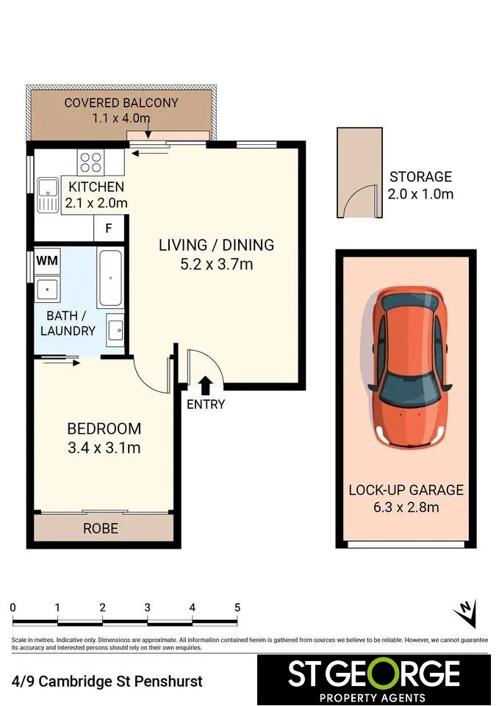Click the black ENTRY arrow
pos(206,386)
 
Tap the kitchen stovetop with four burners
pos(91,163)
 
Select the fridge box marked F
pos(109,228)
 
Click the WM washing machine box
pos(47,260)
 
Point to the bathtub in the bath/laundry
pos(110,278)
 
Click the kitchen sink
pos(48,195)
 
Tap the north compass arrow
pos(466,613)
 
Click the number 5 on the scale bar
pos(237,607)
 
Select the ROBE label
pos(101,528)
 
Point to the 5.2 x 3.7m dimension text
pos(216,264)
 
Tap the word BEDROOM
pos(104,429)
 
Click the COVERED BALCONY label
pos(121,103)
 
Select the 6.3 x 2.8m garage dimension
pos(406,507)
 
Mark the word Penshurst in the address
pos(169,681)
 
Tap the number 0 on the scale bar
pos(12,607)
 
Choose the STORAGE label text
pos(420,176)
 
